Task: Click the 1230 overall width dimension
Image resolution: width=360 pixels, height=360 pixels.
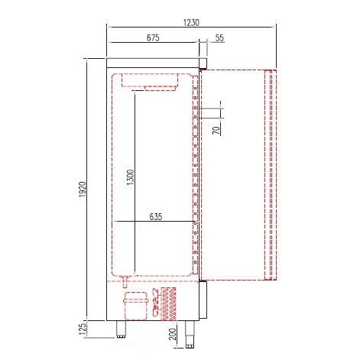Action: point(191,23)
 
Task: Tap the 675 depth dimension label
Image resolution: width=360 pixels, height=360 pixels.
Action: point(153,37)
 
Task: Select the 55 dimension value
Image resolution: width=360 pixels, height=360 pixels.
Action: point(219,37)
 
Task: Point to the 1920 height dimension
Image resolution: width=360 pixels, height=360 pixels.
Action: point(83,190)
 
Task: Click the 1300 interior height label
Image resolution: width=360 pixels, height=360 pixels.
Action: point(131,177)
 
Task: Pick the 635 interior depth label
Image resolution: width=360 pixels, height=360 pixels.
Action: point(155,217)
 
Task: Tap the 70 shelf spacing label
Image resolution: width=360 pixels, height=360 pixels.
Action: point(216,130)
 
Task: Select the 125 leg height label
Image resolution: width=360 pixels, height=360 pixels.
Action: point(83,329)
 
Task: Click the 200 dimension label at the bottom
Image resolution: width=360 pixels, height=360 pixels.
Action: point(173,334)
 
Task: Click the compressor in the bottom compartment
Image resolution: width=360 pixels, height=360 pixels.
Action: point(136,306)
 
